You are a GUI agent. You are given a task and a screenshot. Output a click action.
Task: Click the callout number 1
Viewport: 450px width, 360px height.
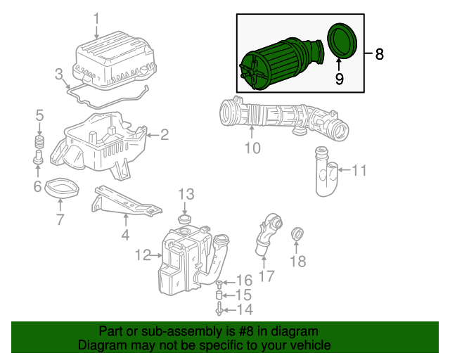[x=97, y=18]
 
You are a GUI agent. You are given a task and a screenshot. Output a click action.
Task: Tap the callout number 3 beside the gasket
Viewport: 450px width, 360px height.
[x=59, y=74]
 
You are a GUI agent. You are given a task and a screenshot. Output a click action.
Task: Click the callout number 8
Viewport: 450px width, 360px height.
[x=380, y=54]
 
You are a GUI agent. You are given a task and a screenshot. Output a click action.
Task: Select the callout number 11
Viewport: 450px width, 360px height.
[x=359, y=169]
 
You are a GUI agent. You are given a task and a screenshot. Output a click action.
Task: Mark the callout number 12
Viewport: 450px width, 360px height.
[x=143, y=255]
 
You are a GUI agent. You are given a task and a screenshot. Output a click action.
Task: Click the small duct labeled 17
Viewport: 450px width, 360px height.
[x=267, y=235]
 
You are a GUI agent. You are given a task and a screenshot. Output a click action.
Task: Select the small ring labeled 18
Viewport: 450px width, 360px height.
[x=297, y=233]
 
